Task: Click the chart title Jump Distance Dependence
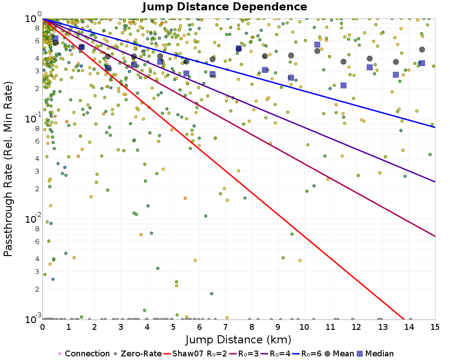pyautogui.click(x=225, y=7)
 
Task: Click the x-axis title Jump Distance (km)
pyautogui.click(x=238, y=339)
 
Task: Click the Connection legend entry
pyautogui.click(x=84, y=354)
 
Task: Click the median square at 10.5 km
pyautogui.click(x=317, y=45)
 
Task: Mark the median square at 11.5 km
pyautogui.click(x=343, y=85)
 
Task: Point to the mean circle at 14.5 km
pyautogui.click(x=422, y=49)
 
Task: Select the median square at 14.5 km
pyautogui.click(x=422, y=63)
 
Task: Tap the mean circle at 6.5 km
pyautogui.click(x=212, y=59)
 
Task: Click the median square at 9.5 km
pyautogui.click(x=291, y=78)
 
